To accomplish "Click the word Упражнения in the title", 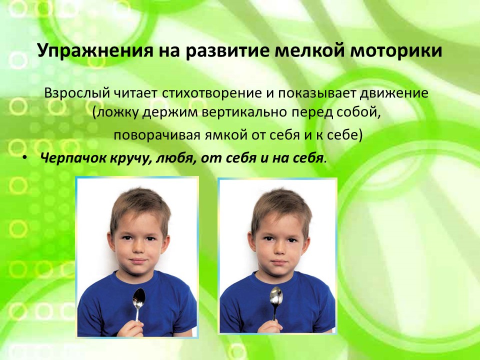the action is (x=95, y=51).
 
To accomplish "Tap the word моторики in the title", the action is (x=396, y=50).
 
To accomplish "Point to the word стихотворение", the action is (x=211, y=93).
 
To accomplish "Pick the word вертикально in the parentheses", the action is (x=244, y=112).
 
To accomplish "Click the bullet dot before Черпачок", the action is (x=25, y=158).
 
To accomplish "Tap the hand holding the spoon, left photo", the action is (x=131, y=328).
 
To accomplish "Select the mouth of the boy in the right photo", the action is (x=278, y=262).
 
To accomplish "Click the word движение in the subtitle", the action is (x=394, y=93).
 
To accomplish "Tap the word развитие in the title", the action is (x=227, y=51).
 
